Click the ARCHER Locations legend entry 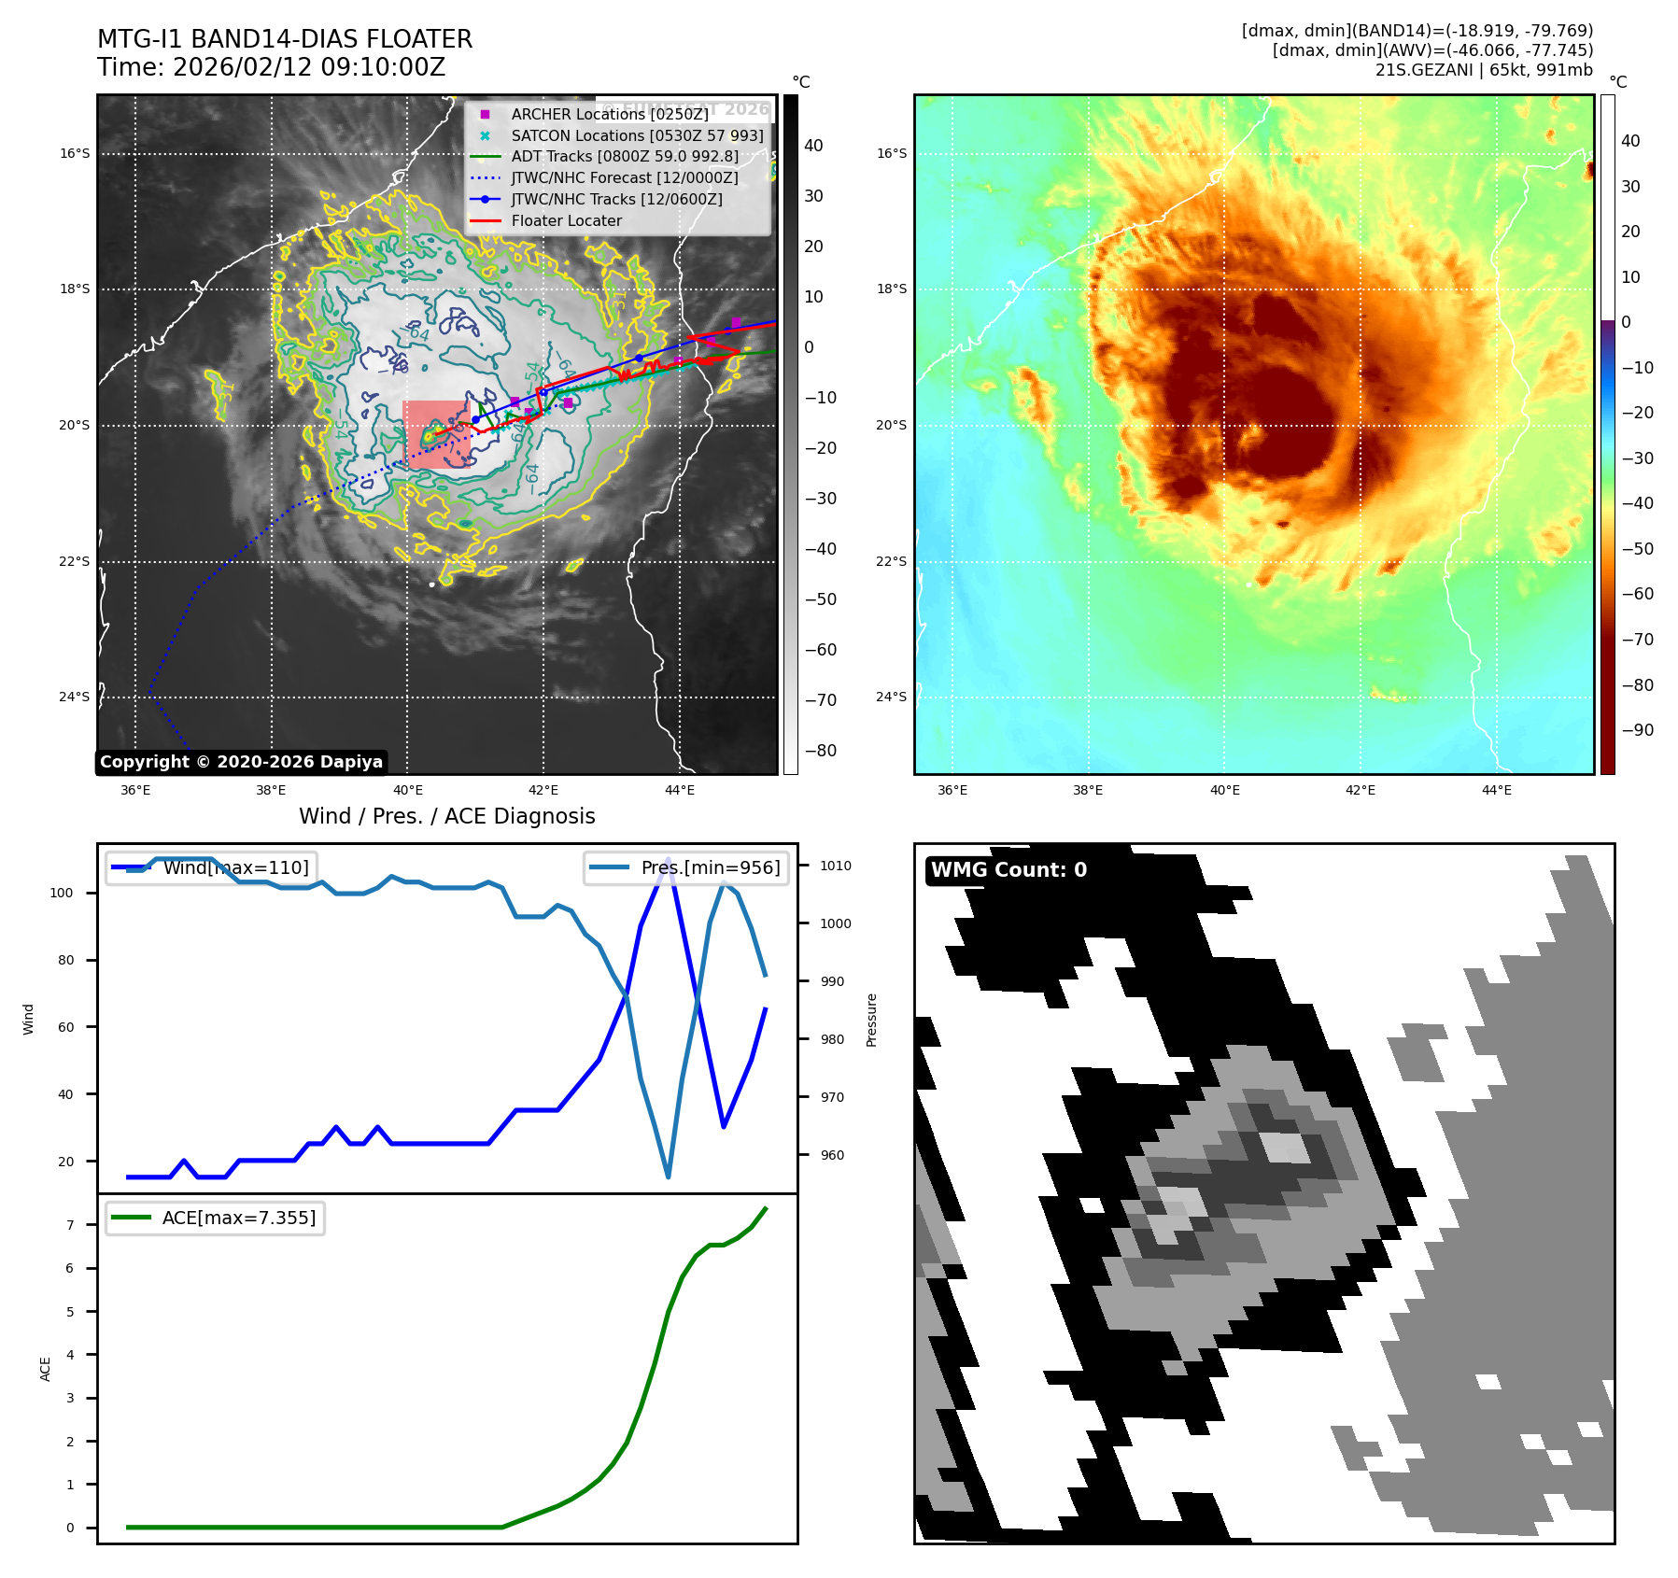coord(609,114)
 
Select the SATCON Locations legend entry coord(637,135)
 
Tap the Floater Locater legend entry coord(566,220)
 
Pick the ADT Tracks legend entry coord(624,157)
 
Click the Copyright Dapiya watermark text coord(241,762)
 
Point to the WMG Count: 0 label coord(1008,870)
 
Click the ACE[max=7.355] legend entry coord(238,1218)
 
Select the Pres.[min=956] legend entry coord(710,867)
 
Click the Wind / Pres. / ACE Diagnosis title coord(446,816)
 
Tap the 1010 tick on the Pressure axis coord(835,866)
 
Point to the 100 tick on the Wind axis coord(62,893)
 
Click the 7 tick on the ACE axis coord(70,1225)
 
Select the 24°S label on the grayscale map coord(75,697)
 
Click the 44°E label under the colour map coord(1496,790)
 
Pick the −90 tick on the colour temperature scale coord(1637,730)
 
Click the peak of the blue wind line coord(668,858)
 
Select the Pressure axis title coord(871,1020)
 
